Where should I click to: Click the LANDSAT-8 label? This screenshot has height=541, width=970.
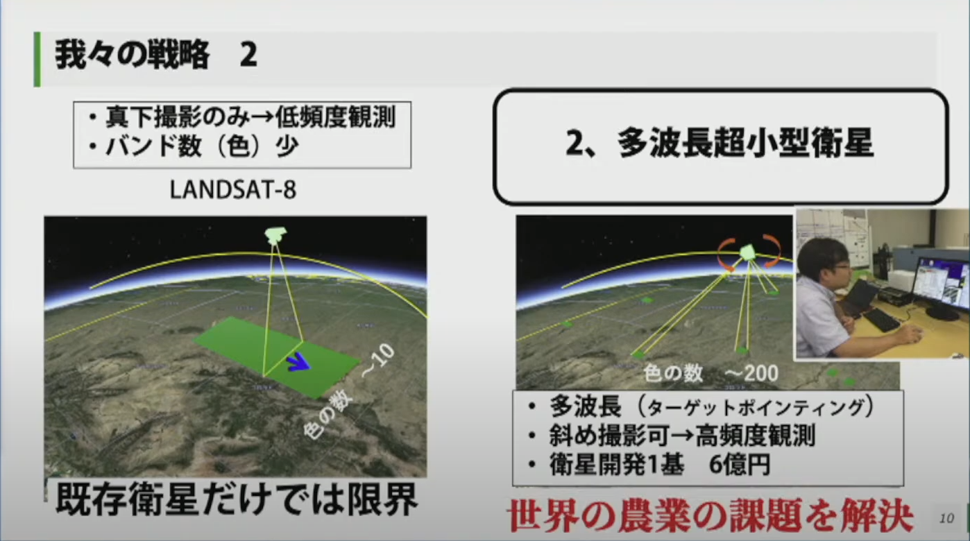(233, 189)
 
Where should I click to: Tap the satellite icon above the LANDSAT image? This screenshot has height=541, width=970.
(275, 235)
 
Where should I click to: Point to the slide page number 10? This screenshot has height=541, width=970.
(946, 518)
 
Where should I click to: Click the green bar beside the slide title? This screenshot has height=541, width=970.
(37, 59)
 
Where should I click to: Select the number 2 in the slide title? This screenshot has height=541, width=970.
(248, 55)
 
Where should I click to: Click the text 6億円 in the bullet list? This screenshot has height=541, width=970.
(740, 465)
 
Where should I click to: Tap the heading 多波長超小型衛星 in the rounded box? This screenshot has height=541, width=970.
(744, 144)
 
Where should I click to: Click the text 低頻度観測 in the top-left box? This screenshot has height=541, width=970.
(335, 118)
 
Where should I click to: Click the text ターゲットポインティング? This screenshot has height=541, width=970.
(755, 407)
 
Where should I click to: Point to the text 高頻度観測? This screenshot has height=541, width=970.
(755, 436)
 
